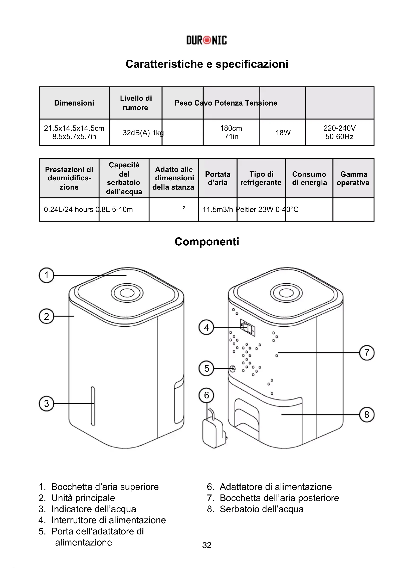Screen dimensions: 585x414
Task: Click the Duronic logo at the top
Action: [206, 40]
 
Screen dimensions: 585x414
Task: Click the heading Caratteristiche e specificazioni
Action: [207, 64]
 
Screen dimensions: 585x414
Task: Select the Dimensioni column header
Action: [74, 103]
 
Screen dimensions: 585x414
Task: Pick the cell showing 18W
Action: [283, 133]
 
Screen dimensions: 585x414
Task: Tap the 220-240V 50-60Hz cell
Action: [339, 133]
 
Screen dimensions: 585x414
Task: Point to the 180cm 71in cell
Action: [231, 133]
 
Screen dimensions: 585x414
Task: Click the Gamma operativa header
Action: [353, 178]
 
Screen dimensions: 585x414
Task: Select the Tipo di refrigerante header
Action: [261, 178]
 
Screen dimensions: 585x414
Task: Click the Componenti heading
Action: [207, 242]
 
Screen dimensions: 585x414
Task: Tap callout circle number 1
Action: [46, 275]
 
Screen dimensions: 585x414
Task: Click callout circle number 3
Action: [46, 403]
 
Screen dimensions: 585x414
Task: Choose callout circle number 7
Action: [367, 353]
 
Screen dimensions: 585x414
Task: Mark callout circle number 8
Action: [367, 414]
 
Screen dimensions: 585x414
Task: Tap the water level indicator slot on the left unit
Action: [93, 406]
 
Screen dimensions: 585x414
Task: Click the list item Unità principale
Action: [83, 498]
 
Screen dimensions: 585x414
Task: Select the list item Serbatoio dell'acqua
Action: [262, 509]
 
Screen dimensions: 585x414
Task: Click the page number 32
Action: [207, 545]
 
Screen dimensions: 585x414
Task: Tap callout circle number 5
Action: [206, 368]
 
